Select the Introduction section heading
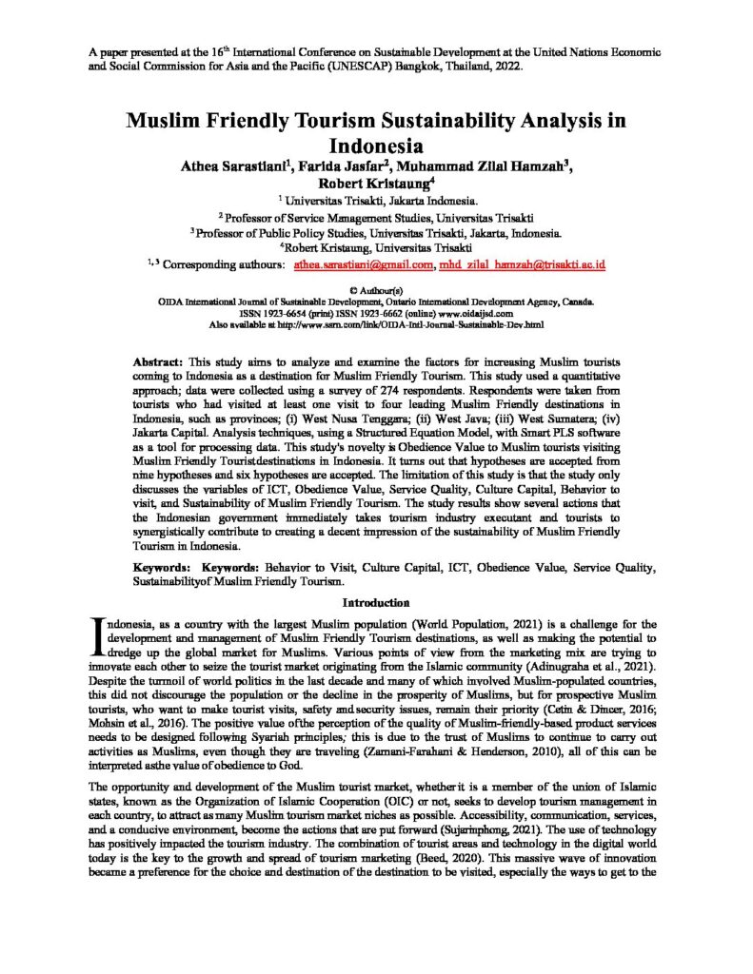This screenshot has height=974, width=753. click(x=376, y=602)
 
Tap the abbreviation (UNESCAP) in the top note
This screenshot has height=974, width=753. click(x=305, y=68)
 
